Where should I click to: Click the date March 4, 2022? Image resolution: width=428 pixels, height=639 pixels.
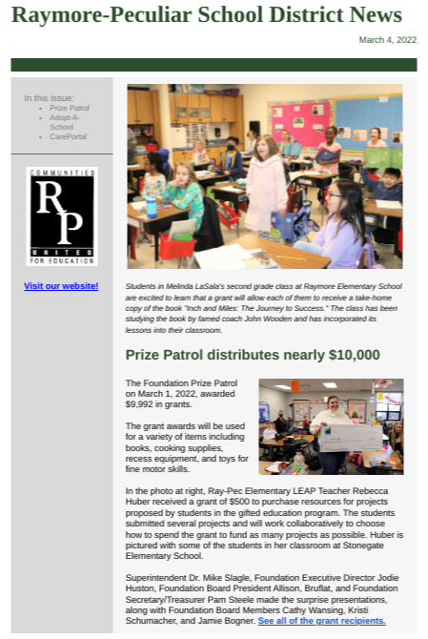pos(387,40)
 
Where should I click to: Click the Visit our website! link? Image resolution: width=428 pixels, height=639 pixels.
pos(61,286)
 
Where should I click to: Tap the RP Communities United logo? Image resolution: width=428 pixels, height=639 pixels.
pos(62,216)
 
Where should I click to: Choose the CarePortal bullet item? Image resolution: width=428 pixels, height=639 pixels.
pos(69,136)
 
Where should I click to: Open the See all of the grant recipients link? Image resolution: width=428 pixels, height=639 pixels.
pos(321,621)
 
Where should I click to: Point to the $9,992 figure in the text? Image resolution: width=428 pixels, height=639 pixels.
pos(141,402)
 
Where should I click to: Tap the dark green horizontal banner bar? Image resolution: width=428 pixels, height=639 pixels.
pos(214,65)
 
